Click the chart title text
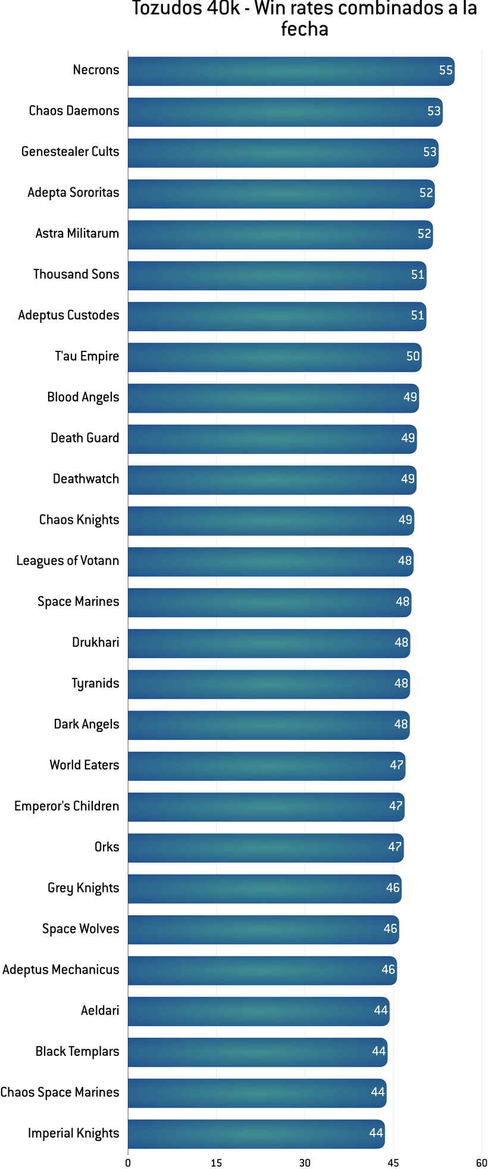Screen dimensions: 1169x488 pyautogui.click(x=304, y=18)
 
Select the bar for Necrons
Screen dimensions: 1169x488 pyautogui.click(x=290, y=71)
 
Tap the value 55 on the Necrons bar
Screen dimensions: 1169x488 pyautogui.click(x=446, y=71)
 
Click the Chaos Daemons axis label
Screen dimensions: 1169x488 pyautogui.click(x=74, y=111)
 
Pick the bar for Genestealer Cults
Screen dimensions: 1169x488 pyautogui.click(x=283, y=153)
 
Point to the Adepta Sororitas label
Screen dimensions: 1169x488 pyautogui.click(x=73, y=193)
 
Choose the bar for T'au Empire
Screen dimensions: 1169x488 pyautogui.click(x=274, y=357)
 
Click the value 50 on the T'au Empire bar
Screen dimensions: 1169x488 pyautogui.click(x=413, y=357)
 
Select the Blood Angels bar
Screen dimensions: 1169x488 pyautogui.click(x=273, y=398)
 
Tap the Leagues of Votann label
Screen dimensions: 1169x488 pyautogui.click(x=68, y=561)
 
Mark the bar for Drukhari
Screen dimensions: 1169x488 pyautogui.click(x=268, y=643)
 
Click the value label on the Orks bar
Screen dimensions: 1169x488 pyautogui.click(x=395, y=847)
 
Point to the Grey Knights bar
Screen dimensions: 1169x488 pyautogui.click(x=264, y=889)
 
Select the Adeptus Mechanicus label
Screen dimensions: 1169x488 pyautogui.click(x=61, y=970)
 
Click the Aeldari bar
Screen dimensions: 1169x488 pyautogui.click(x=258, y=1011)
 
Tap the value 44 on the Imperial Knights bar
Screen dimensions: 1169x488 pyautogui.click(x=376, y=1133)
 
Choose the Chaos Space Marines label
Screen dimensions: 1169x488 pyautogui.click(x=60, y=1092)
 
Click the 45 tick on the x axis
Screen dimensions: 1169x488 pyautogui.click(x=393, y=1162)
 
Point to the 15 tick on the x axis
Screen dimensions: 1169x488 pyautogui.click(x=216, y=1162)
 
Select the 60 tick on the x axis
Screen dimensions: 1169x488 pyautogui.click(x=481, y=1162)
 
